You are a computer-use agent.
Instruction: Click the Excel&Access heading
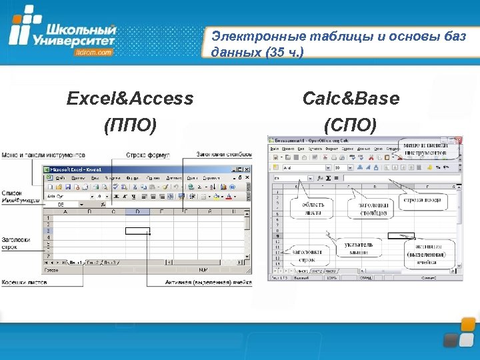click(130, 99)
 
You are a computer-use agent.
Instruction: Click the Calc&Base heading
click(351, 99)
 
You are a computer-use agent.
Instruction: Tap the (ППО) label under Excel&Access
click(130, 125)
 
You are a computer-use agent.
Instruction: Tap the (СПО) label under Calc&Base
click(351, 125)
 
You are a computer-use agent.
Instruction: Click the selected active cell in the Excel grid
click(137, 231)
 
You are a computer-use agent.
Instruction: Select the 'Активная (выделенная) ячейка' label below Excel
click(209, 283)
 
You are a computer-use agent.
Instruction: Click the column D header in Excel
click(137, 211)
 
